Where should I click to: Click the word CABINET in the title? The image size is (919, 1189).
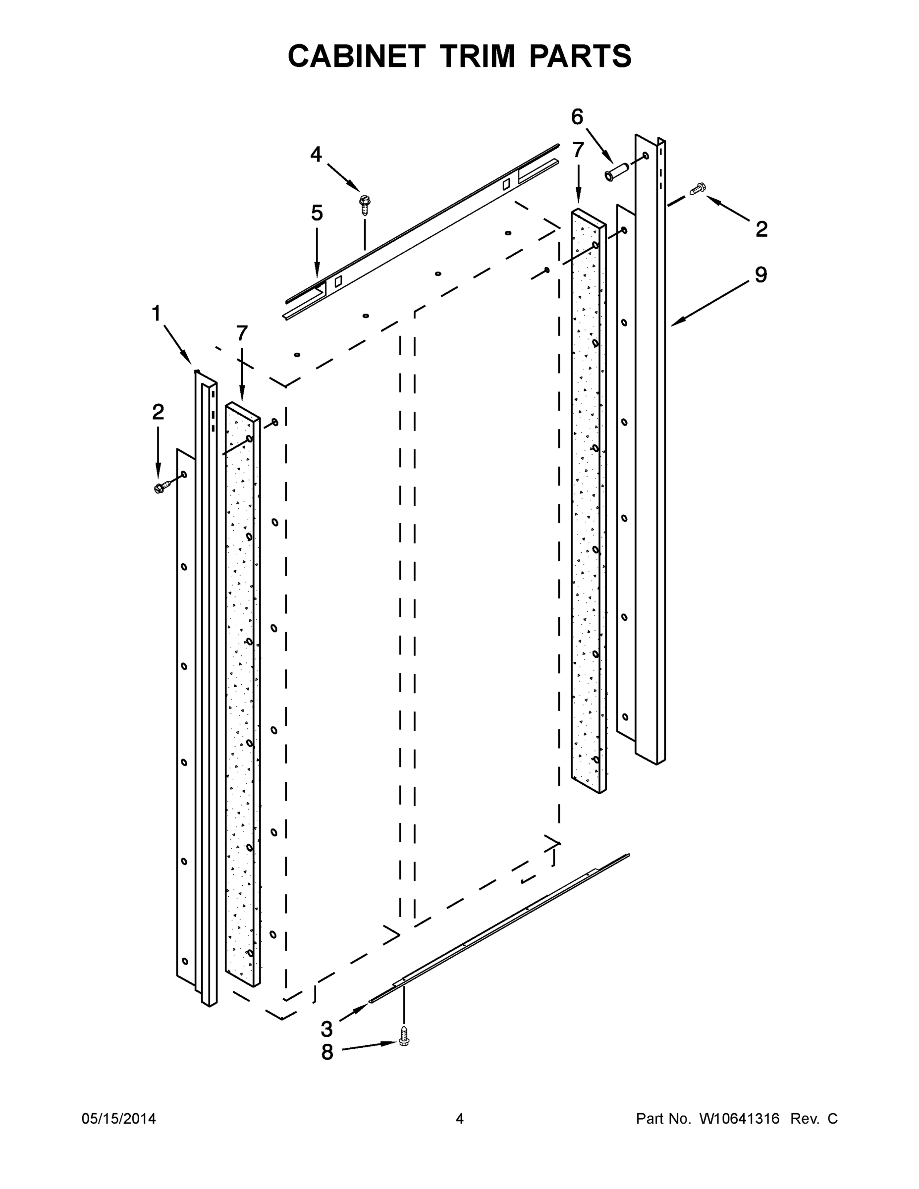[356, 56]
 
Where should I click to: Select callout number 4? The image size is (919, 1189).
[316, 155]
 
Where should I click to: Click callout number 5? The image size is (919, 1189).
[317, 213]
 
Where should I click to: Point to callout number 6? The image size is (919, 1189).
[577, 116]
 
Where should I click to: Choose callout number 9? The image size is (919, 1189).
[761, 275]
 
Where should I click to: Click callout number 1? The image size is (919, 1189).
[156, 314]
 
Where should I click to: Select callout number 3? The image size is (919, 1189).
[326, 1029]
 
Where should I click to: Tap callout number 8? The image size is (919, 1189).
[326, 1052]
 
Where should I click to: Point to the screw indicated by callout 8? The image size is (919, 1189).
[403, 1035]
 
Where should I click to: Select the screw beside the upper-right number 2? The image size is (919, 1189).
[698, 189]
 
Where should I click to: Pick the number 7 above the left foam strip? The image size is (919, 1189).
[242, 332]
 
